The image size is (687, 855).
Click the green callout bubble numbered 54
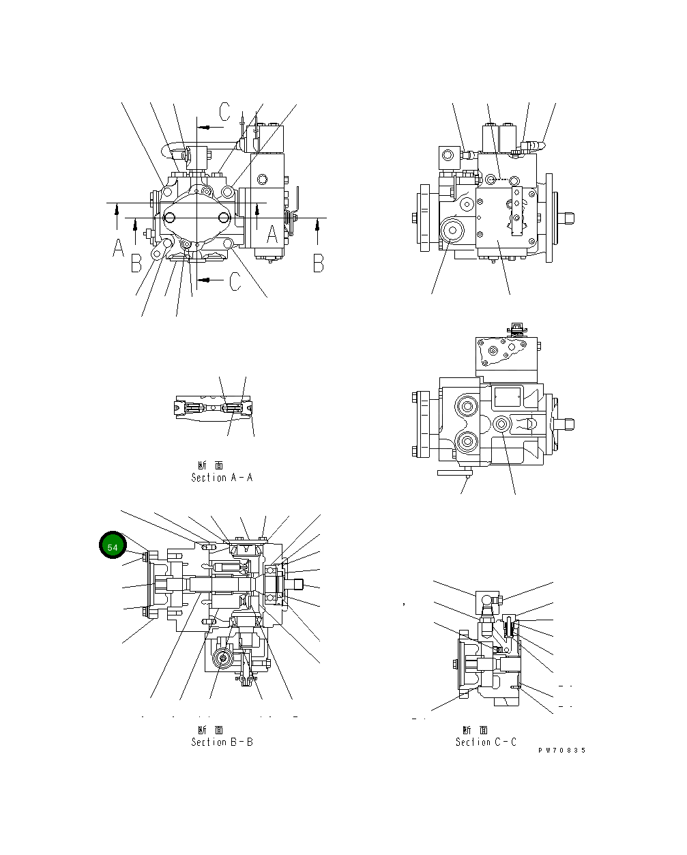pyautogui.click(x=113, y=547)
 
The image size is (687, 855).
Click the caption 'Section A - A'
pyautogui.click(x=222, y=478)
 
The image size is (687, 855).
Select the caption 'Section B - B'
pyautogui.click(x=222, y=742)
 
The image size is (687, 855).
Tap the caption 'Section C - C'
pyautogui.click(x=486, y=742)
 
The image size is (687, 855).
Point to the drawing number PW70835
pyautogui.click(x=561, y=751)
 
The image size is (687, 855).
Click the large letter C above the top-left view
pyautogui.click(x=226, y=112)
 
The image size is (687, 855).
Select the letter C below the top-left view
pyautogui.click(x=234, y=280)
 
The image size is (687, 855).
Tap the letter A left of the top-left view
pyautogui.click(x=119, y=248)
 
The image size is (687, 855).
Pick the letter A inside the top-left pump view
pyautogui.click(x=272, y=234)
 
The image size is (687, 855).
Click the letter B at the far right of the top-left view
pyautogui.click(x=318, y=263)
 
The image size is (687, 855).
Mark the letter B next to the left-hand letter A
pyautogui.click(x=136, y=263)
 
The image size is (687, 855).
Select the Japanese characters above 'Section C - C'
pyautogui.click(x=475, y=729)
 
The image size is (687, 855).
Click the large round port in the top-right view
pyautogui.click(x=452, y=231)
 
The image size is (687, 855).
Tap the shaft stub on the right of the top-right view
pyautogui.click(x=566, y=218)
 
